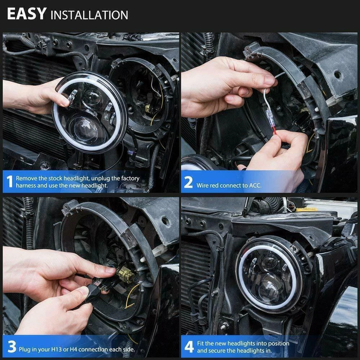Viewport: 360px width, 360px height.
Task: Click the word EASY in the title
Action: (27, 14)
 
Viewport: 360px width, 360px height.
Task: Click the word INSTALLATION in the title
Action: (89, 15)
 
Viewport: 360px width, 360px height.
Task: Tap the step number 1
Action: (9, 181)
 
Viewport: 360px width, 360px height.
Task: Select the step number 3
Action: (12, 346)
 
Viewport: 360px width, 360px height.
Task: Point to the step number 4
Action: (189, 347)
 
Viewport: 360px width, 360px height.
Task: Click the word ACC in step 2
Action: (255, 185)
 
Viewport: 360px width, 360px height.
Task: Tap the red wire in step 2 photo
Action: (275, 131)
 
